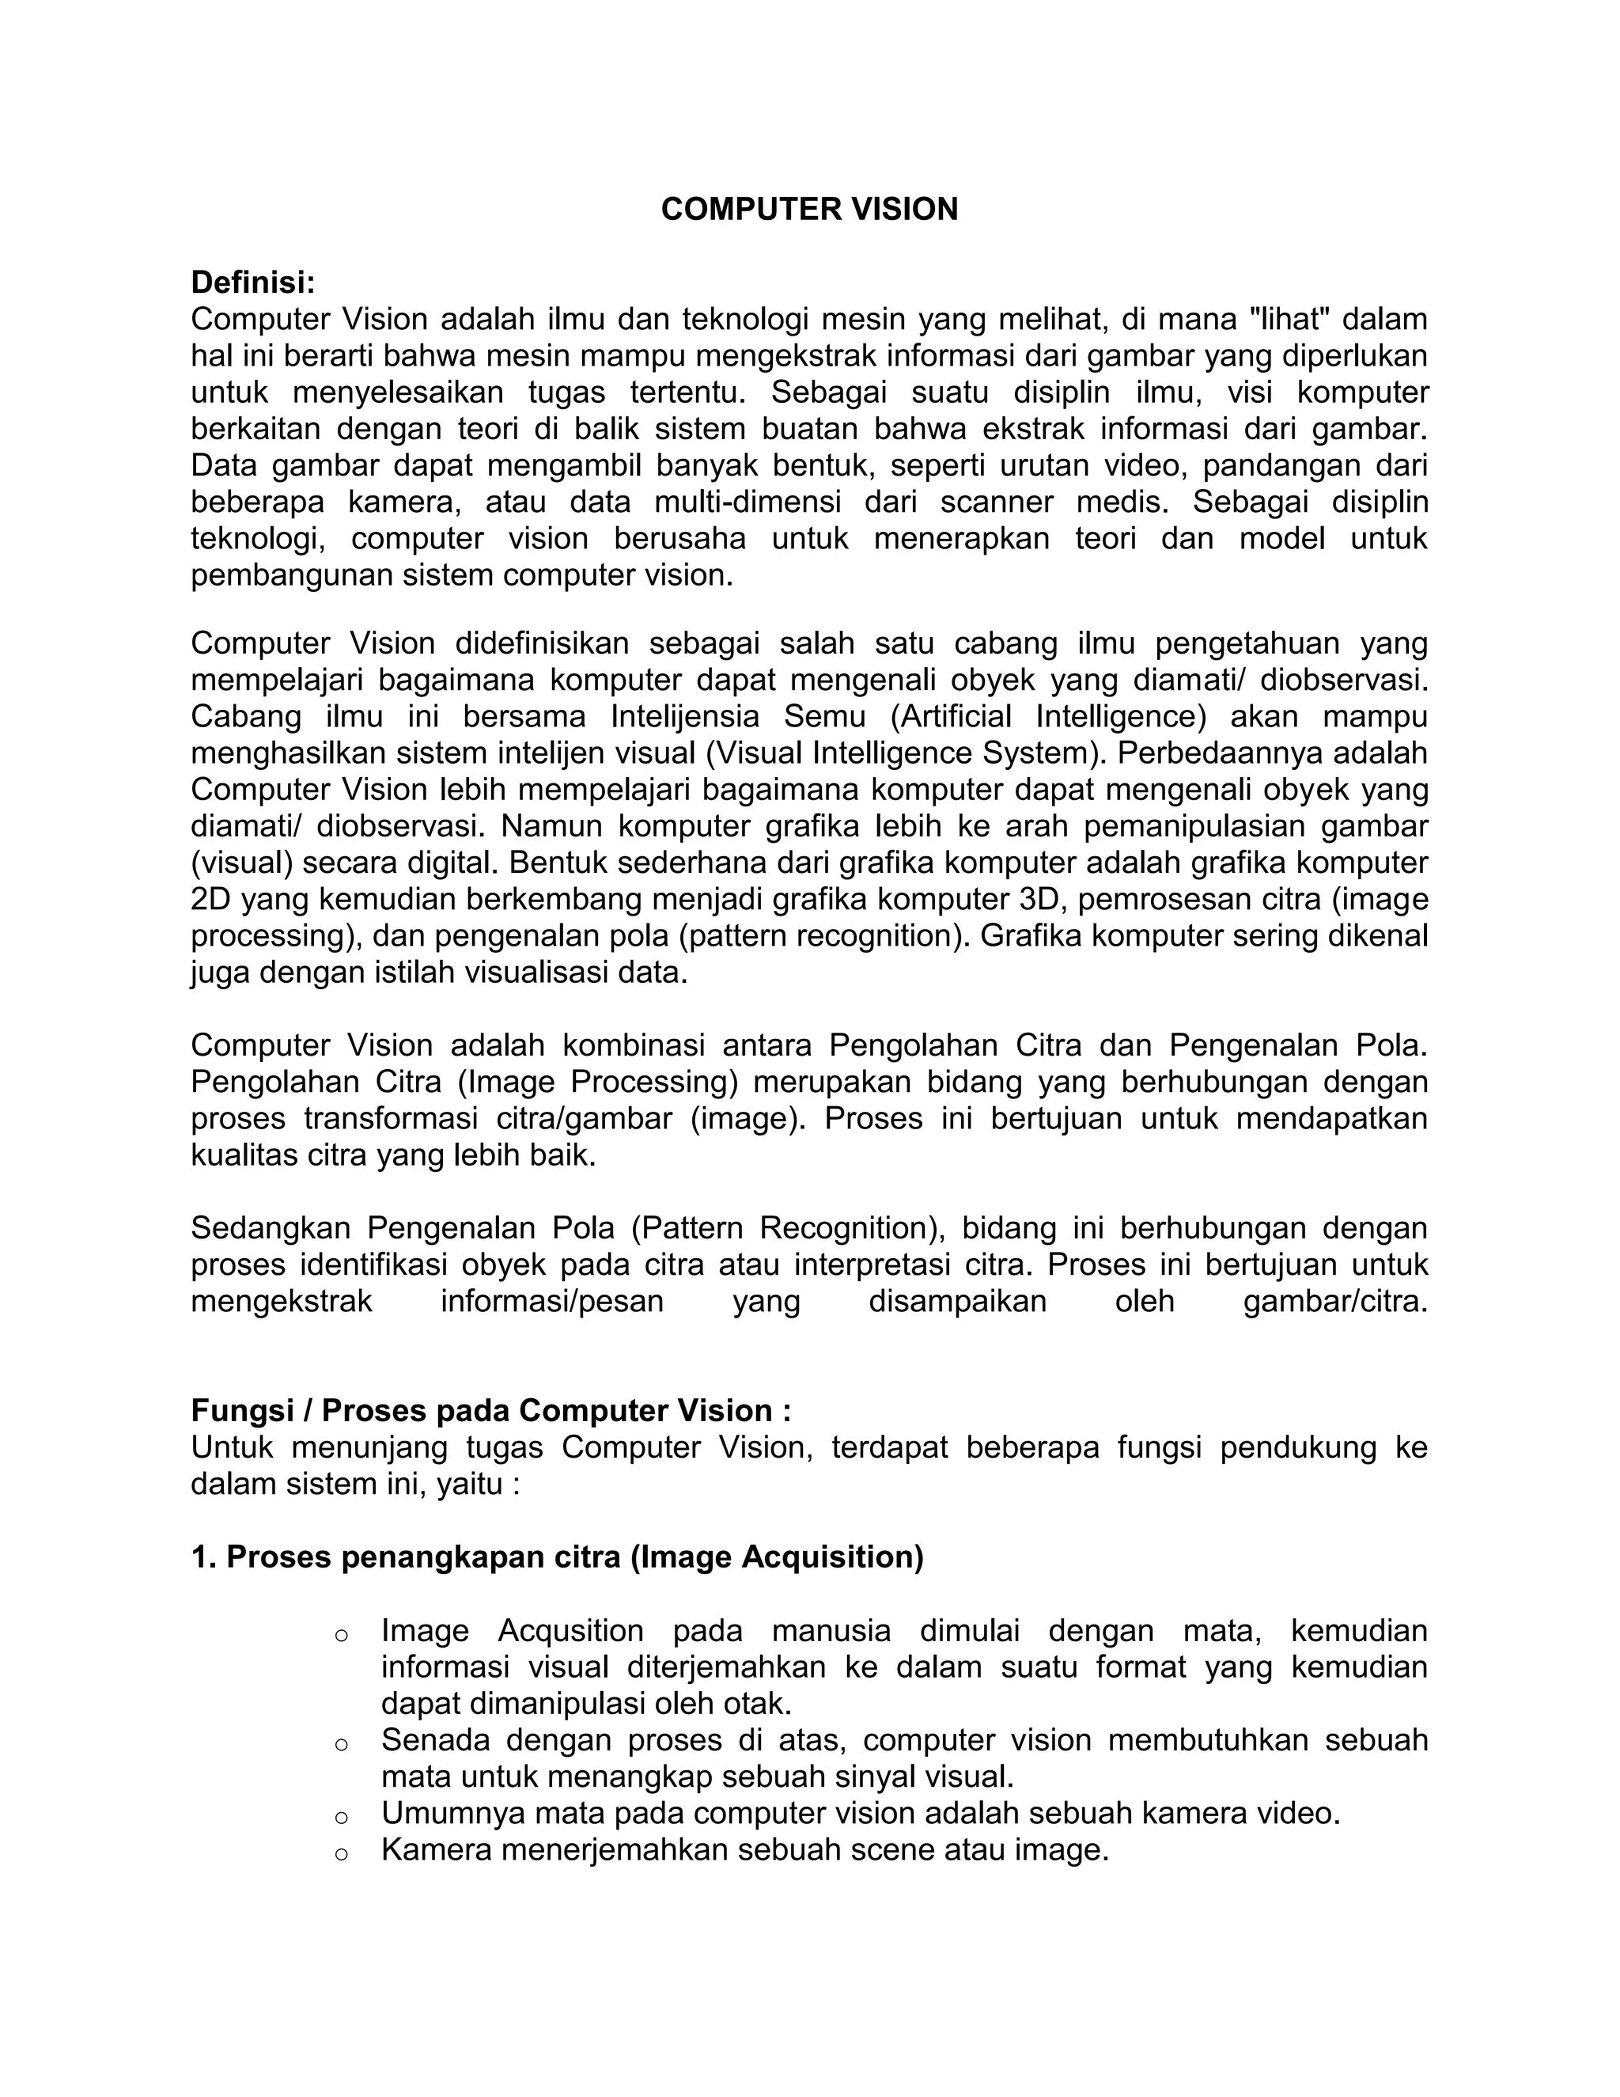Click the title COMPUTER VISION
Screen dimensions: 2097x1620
tap(809, 210)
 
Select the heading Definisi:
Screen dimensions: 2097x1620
tap(252, 283)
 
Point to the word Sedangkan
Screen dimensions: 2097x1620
tap(271, 1228)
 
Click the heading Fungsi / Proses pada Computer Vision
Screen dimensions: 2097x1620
tap(490, 1410)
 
